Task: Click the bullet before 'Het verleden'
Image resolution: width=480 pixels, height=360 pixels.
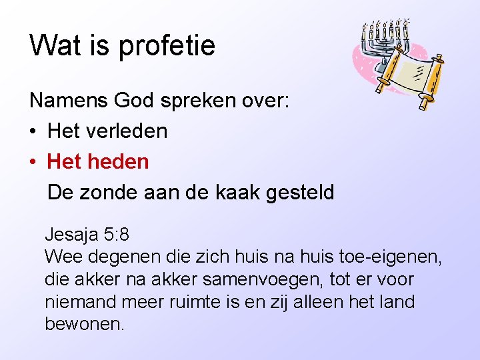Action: click(x=33, y=131)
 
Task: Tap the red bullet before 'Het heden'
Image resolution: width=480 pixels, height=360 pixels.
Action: click(x=33, y=162)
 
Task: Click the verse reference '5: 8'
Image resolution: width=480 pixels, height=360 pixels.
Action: click(x=117, y=235)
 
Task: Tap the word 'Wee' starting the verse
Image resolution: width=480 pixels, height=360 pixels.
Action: click(x=60, y=257)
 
